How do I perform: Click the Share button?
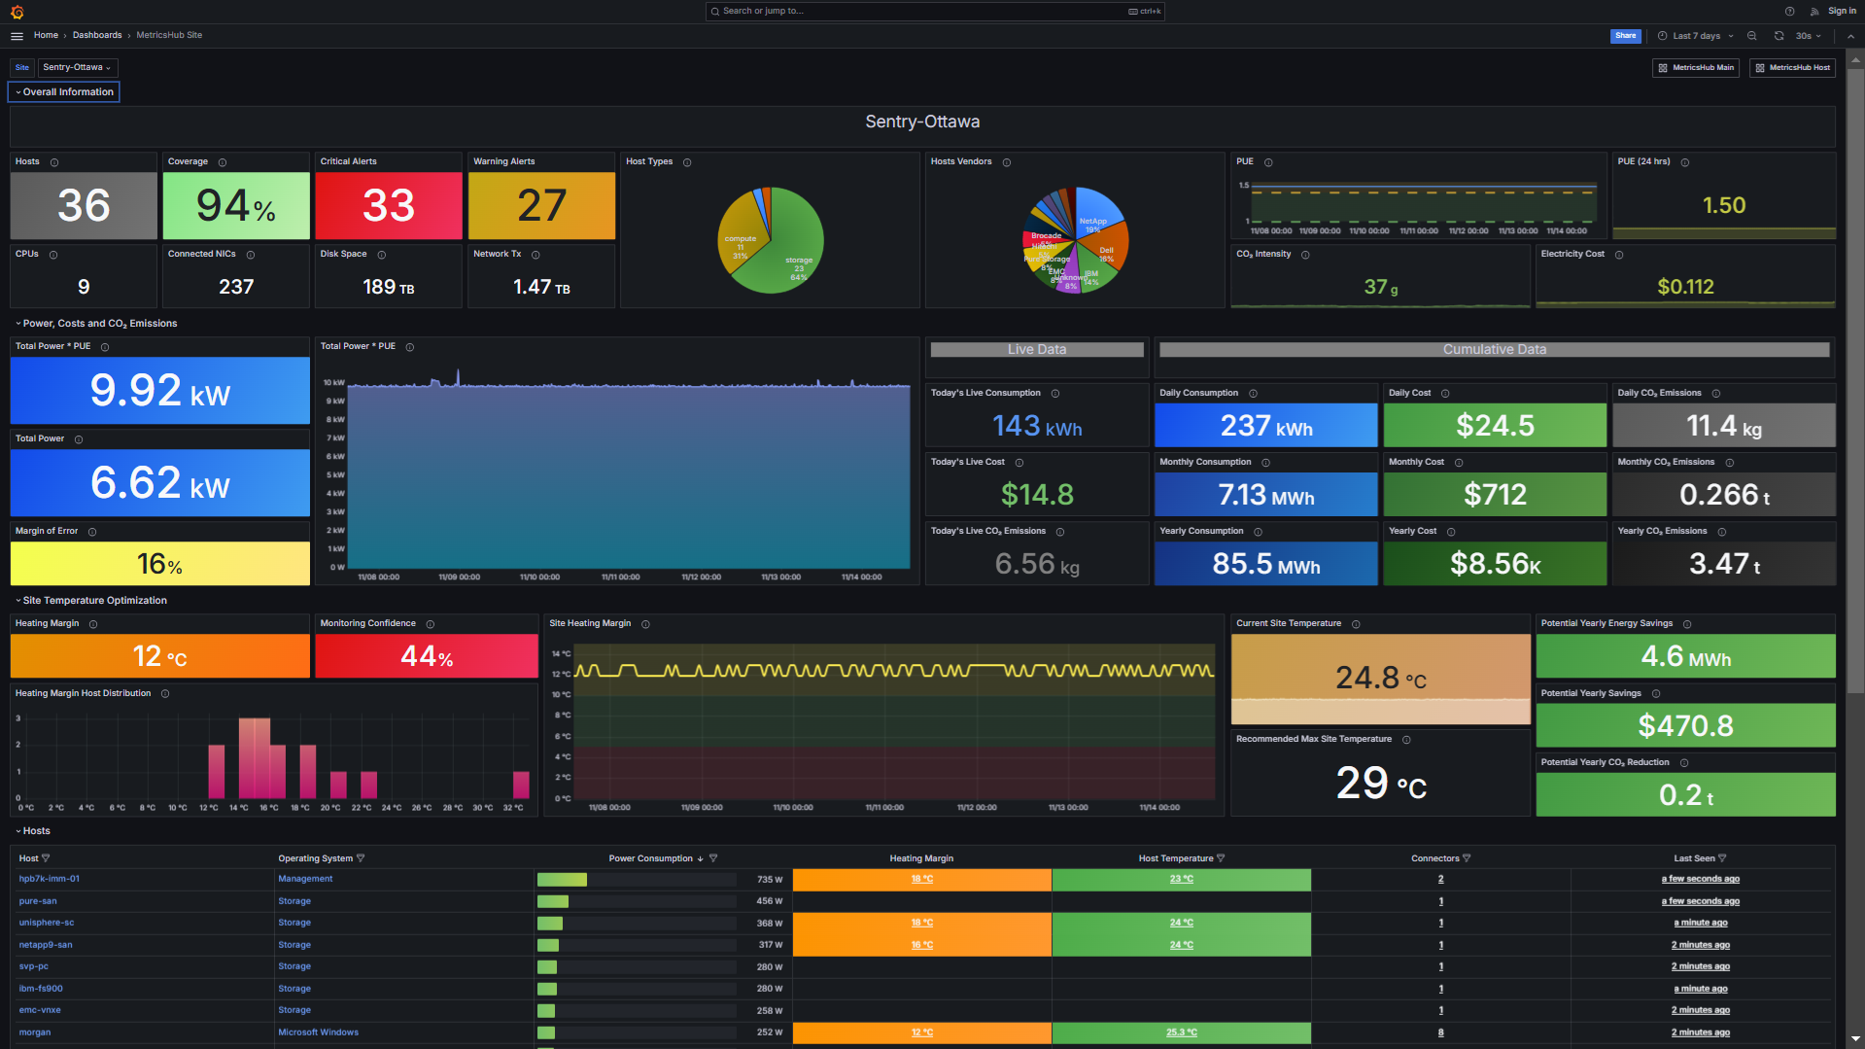click(1625, 36)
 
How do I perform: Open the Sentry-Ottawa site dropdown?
click(77, 67)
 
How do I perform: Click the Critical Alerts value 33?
click(389, 205)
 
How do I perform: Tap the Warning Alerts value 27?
click(541, 205)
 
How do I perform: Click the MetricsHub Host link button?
click(1792, 68)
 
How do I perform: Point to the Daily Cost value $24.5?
click(1495, 426)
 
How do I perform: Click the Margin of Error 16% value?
click(160, 564)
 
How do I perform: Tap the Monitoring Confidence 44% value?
click(427, 657)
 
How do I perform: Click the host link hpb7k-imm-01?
click(50, 879)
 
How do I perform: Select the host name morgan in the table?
click(35, 1032)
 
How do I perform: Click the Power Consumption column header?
click(650, 858)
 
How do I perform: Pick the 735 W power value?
click(770, 880)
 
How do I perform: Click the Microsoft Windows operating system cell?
click(319, 1032)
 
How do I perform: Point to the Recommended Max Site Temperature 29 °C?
click(1380, 784)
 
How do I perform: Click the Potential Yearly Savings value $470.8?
click(1685, 726)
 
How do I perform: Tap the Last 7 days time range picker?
click(1696, 36)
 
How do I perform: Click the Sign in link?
click(1842, 12)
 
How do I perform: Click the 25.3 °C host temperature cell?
click(1181, 1032)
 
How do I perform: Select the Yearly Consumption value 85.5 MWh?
click(1265, 564)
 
